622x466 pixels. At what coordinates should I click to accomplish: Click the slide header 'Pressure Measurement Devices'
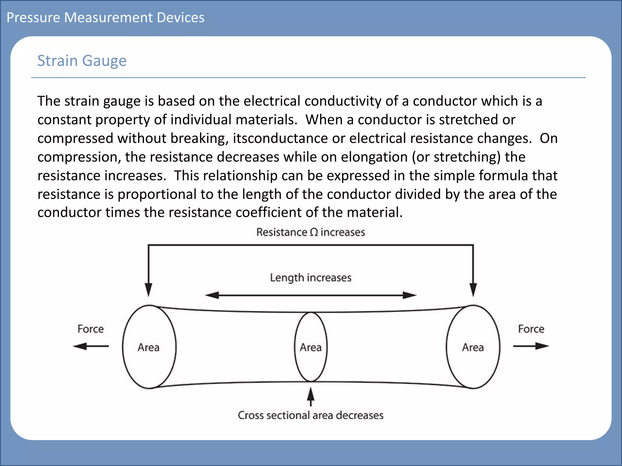105,18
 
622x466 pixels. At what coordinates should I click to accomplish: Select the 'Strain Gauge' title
82,61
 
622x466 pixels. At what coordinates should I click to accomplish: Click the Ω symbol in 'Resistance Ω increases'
314,232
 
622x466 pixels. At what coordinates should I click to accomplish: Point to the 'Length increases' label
310,278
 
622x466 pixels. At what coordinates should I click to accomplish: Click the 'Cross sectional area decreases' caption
310,415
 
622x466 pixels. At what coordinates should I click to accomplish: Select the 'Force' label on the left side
91,329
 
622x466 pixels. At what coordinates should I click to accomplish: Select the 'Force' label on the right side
531,329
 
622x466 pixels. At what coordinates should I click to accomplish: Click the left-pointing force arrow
91,346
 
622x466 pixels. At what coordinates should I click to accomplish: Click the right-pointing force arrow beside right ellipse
531,346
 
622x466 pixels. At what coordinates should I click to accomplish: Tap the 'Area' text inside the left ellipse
149,348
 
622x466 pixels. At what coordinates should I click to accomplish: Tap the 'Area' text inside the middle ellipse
311,348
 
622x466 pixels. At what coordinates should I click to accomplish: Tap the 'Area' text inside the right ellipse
473,348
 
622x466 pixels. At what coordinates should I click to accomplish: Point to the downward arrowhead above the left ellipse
149,289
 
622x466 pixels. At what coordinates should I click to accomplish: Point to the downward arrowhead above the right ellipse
473,289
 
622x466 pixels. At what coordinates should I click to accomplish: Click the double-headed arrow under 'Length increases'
310,295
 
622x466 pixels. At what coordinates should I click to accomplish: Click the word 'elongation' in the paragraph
374,157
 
